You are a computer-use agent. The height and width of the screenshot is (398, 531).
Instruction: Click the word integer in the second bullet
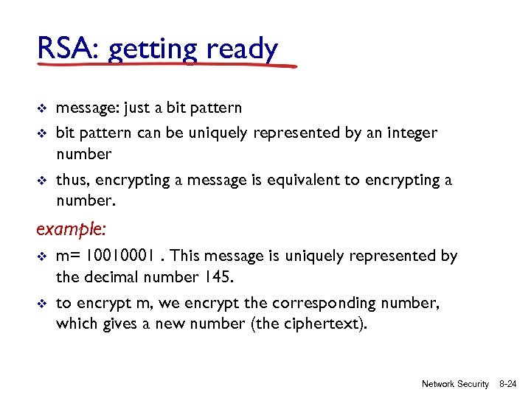click(x=410, y=133)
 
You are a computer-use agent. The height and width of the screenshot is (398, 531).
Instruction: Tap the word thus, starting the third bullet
click(x=72, y=181)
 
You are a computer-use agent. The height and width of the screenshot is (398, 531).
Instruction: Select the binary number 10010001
click(x=121, y=256)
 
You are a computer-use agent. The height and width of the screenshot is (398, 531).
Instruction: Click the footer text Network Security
click(x=455, y=384)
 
